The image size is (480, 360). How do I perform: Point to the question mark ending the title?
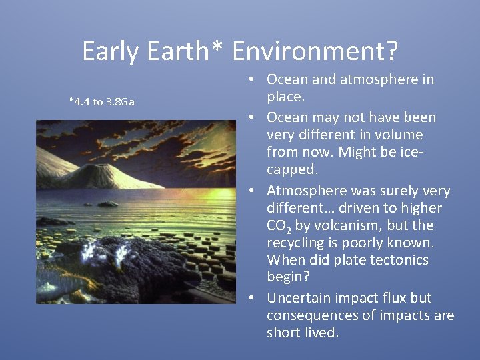tap(391, 51)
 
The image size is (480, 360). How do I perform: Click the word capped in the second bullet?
tap(289, 169)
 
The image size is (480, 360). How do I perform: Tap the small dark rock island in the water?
tap(108, 204)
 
